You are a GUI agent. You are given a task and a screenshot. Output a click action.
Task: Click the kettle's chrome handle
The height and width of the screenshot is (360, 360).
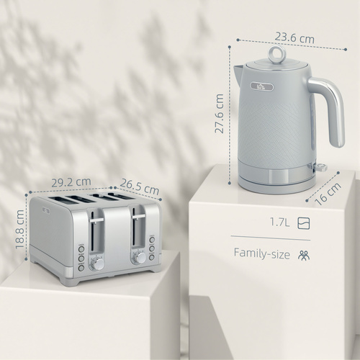coord(333,108)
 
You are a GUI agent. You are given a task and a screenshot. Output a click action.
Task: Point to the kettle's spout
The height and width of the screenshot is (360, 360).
coord(237,71)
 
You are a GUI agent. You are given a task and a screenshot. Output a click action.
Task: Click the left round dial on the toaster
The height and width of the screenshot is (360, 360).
coord(97,264)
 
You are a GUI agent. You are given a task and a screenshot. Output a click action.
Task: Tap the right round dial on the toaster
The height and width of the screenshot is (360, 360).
coord(139,257)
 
